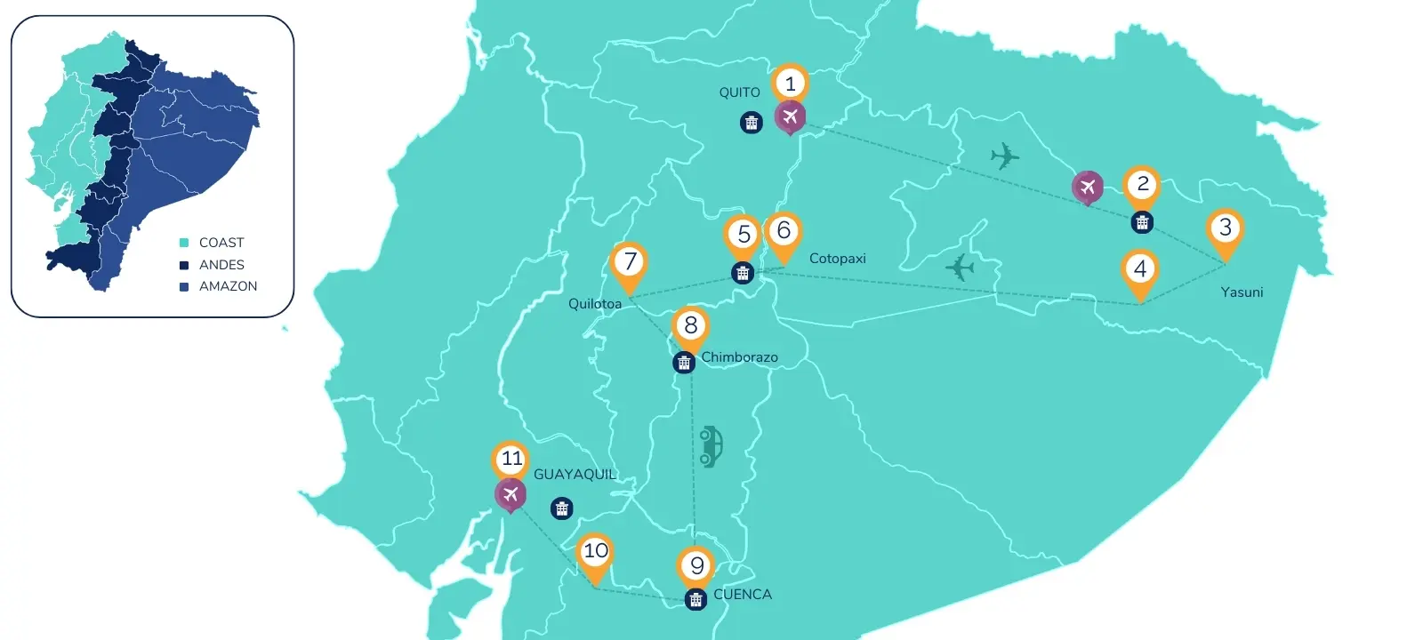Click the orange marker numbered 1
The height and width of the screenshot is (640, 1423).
tap(790, 84)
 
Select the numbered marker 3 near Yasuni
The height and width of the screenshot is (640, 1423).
tap(1225, 228)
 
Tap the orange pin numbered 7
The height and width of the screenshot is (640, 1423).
tap(630, 261)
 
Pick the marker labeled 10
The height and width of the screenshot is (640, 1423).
tap(595, 551)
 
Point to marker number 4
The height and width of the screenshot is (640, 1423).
tap(1140, 268)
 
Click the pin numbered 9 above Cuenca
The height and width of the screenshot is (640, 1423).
tap(696, 565)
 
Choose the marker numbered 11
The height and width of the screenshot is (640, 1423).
tap(511, 460)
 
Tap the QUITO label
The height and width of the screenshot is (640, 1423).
tap(739, 92)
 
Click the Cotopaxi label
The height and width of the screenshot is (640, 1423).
tap(837, 259)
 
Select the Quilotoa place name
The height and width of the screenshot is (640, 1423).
tap(594, 304)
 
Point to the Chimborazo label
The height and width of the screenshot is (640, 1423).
tap(739, 357)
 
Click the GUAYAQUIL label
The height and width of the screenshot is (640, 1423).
tap(575, 475)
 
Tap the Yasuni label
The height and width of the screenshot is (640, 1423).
tap(1242, 292)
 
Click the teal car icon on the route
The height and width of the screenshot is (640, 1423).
tap(710, 446)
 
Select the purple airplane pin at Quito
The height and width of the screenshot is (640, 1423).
tap(790, 116)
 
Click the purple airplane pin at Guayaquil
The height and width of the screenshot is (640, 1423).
tap(511, 494)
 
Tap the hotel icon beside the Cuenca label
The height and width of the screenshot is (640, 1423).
tap(695, 599)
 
